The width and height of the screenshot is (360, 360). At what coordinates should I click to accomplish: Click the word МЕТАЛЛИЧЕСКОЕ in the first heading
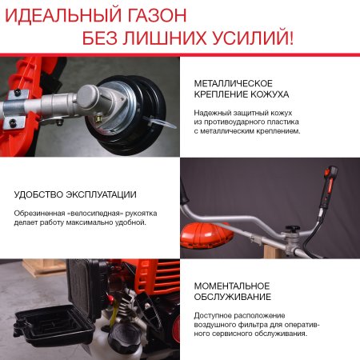tap(234, 83)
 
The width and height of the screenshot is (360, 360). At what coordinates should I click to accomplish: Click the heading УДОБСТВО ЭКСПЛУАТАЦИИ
tap(75, 194)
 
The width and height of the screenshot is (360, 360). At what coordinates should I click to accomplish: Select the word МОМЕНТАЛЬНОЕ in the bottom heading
tap(232, 286)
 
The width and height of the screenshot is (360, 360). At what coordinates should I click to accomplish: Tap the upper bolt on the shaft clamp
tap(14, 94)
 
